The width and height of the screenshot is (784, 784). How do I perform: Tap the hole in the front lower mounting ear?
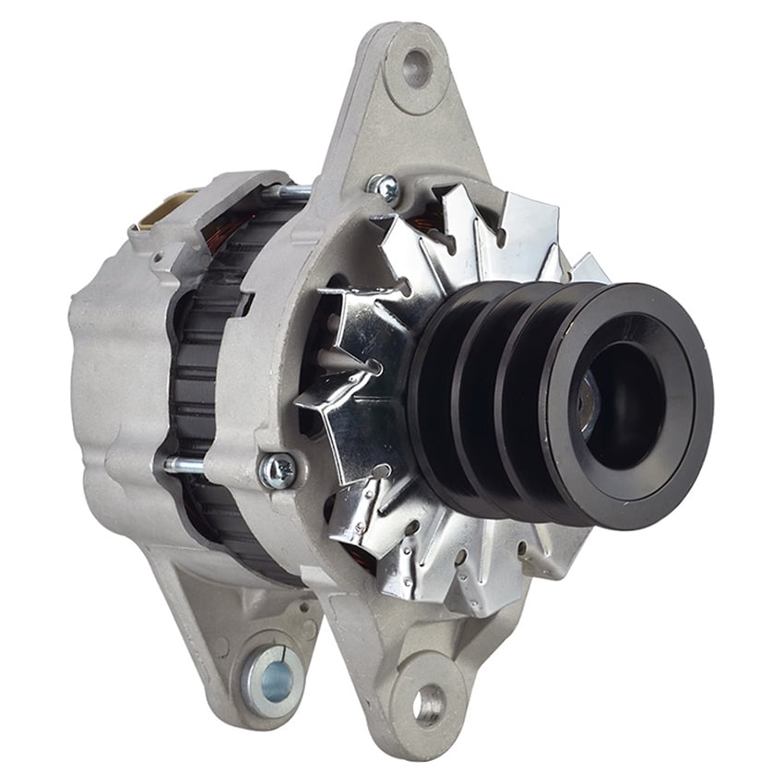[427, 706]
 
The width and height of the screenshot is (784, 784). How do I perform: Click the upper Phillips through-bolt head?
[384, 188]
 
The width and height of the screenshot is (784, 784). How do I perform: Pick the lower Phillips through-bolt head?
[278, 470]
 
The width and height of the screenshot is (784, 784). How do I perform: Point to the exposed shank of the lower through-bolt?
[184, 465]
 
